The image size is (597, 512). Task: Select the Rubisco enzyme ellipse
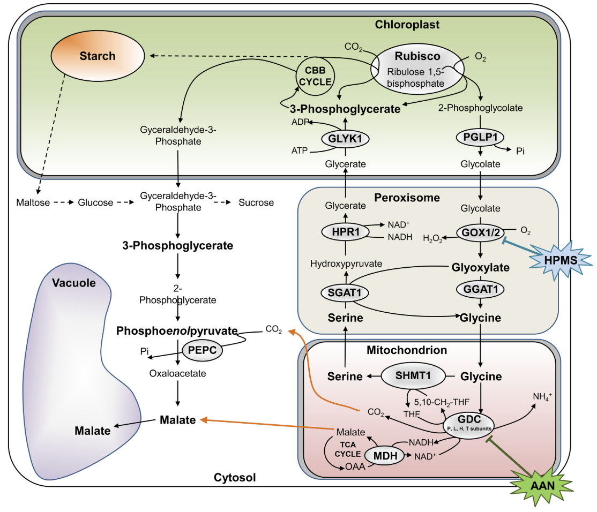[417, 66]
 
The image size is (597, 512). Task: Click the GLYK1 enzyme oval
[345, 139]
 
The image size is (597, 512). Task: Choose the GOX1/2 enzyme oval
[481, 232]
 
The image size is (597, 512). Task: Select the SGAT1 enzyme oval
[345, 292]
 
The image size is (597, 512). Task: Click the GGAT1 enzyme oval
[481, 290]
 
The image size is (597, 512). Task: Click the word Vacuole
[74, 283]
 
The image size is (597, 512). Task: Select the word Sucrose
[256, 202]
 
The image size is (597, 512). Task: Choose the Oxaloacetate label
[178, 373]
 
